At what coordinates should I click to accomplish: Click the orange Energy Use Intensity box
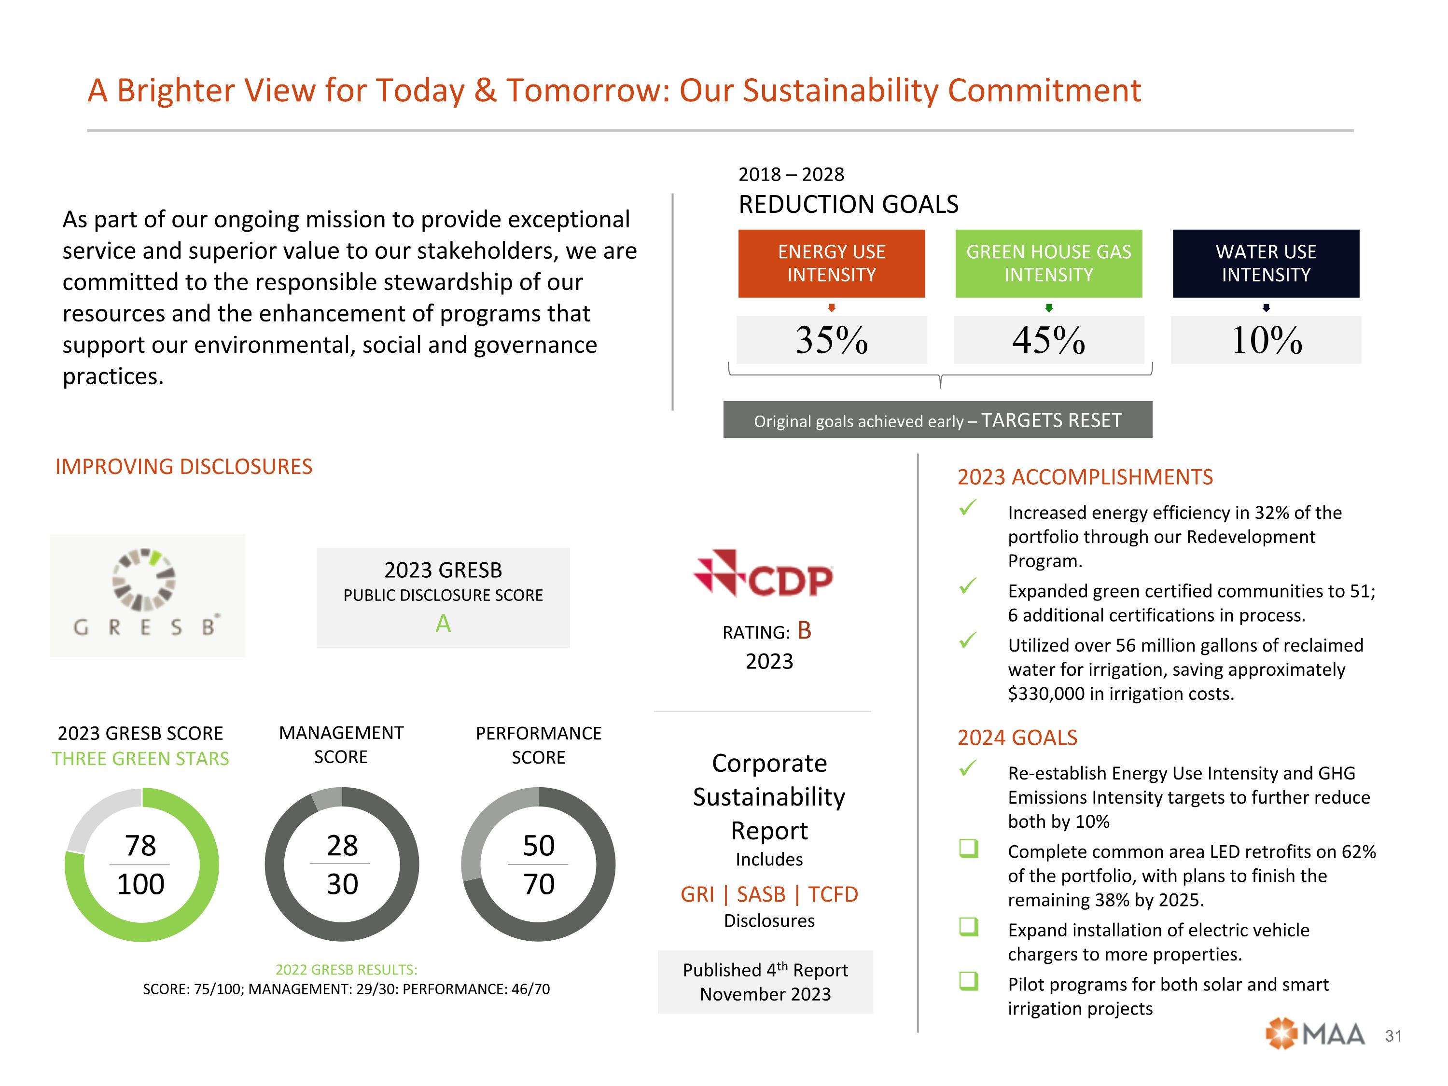831,263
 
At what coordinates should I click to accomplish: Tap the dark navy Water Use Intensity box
1266,263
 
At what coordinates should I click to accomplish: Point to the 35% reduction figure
831,340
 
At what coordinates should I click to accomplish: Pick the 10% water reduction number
1266,340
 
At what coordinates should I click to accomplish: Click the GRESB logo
147,594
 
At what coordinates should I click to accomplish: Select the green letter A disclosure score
443,623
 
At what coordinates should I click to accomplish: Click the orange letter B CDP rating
805,630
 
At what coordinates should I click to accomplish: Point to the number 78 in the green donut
141,845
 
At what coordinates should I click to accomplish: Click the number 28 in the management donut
342,845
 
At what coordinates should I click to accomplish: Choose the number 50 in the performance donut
538,845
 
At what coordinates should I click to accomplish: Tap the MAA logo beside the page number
1315,1034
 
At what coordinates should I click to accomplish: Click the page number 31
1393,1036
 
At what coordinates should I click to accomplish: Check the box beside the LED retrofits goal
968,849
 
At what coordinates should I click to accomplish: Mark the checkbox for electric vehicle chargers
968,926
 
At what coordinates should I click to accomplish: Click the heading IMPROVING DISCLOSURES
184,467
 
